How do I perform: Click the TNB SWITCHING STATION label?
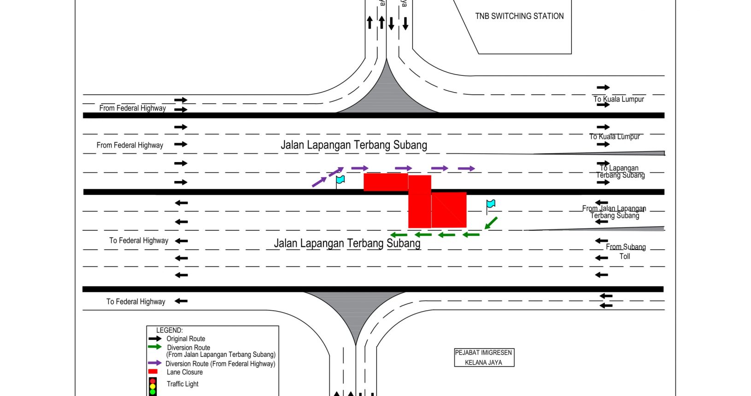[x=519, y=16]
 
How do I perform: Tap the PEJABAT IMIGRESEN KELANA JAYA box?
[x=483, y=357]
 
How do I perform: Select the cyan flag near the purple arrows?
[x=340, y=180]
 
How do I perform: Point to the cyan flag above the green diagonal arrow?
[x=491, y=204]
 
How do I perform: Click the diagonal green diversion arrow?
[x=491, y=223]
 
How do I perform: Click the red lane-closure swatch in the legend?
[x=153, y=372]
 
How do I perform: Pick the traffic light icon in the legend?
[x=153, y=386]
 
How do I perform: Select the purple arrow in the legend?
[x=154, y=363]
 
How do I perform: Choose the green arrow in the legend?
[x=155, y=347]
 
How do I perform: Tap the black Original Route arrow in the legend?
[x=155, y=338]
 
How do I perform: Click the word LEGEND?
[x=169, y=330]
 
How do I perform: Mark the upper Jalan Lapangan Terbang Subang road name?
[x=354, y=145]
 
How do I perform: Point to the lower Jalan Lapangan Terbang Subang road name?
[x=347, y=243]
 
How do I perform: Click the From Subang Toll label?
[x=625, y=251]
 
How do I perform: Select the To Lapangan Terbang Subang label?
[x=620, y=171]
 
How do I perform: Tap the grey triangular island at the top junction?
[x=387, y=97]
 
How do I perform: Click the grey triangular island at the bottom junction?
[x=355, y=309]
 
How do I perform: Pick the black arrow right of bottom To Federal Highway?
[x=181, y=301]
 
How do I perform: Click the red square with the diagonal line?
[x=449, y=210]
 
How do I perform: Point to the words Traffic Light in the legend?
[x=182, y=384]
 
